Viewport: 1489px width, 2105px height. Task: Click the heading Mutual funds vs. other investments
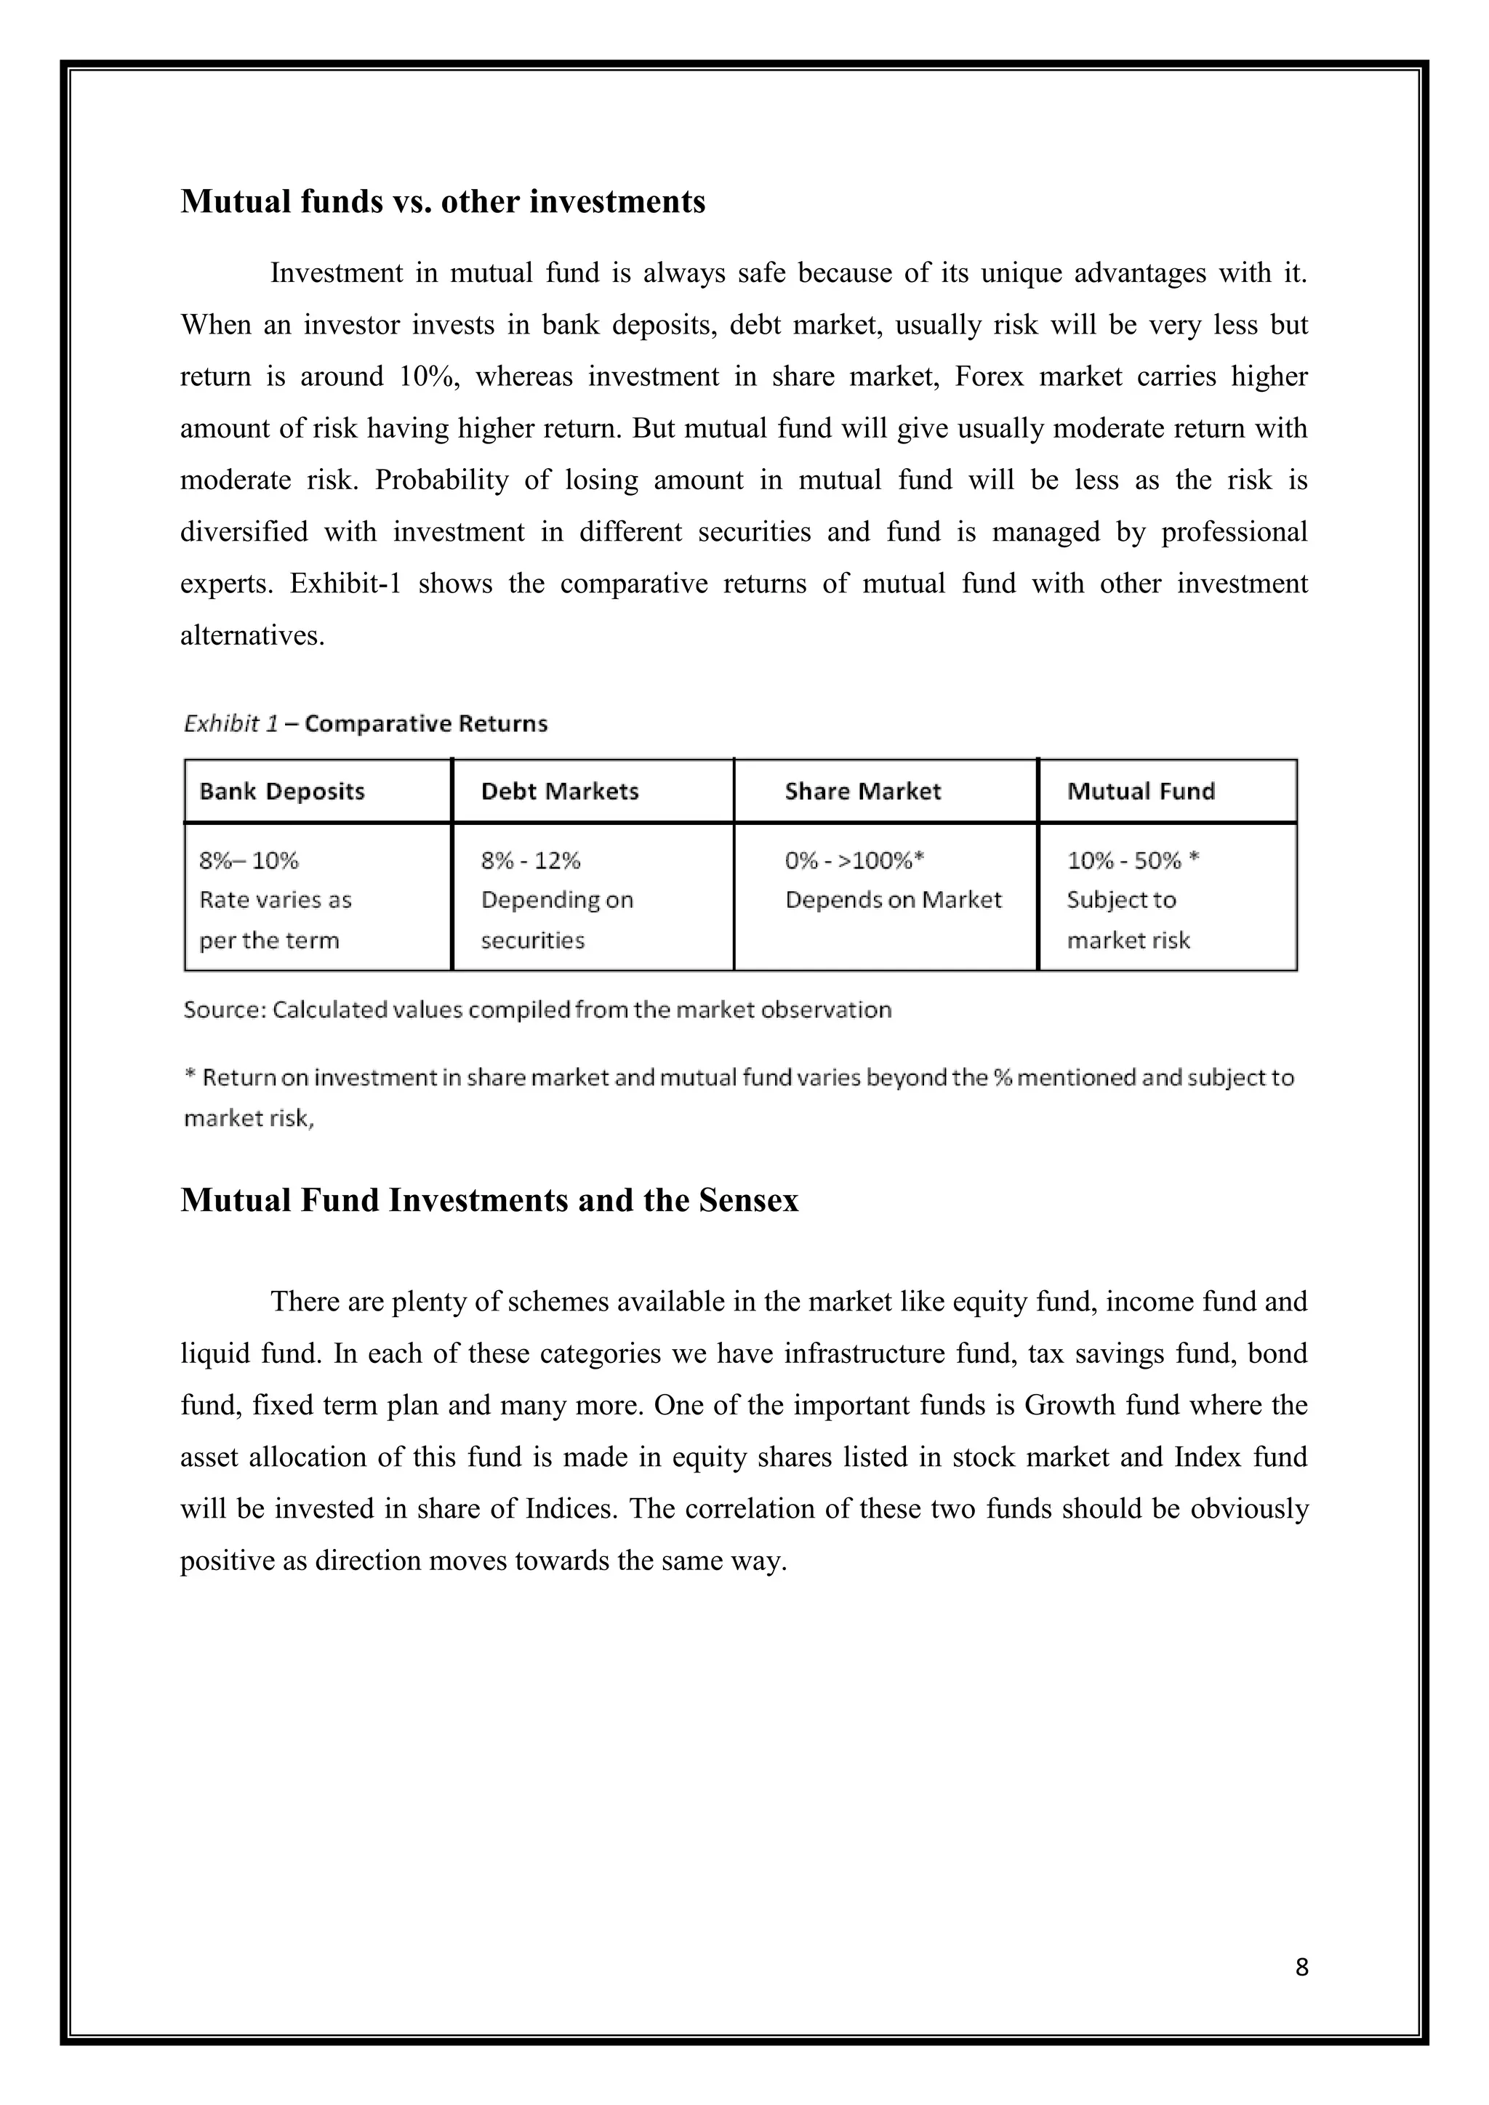click(443, 201)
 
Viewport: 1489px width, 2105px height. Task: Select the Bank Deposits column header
click(281, 792)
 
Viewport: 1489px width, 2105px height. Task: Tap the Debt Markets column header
click(559, 792)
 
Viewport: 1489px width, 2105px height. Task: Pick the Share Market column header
click(862, 792)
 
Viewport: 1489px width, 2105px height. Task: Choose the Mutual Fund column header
click(1141, 792)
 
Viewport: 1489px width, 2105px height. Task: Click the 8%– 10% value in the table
click(249, 861)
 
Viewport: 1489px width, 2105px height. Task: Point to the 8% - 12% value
click(530, 861)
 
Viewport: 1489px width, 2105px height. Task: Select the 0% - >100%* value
click(853, 861)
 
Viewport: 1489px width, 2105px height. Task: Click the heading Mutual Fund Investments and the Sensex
click(489, 1200)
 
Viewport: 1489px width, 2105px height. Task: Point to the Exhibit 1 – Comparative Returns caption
click(365, 724)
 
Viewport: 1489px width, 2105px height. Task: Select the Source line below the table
click(537, 1010)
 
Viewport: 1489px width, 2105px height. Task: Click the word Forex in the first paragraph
click(988, 377)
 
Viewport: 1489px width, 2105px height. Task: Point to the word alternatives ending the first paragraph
click(252, 635)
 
